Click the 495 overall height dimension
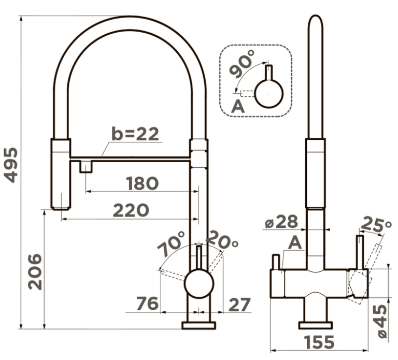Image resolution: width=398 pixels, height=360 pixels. coord(11,165)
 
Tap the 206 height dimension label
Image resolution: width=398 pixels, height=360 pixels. coord(35,272)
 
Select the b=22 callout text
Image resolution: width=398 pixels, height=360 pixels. coord(135,134)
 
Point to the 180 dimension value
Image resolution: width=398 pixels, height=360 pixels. coord(143,183)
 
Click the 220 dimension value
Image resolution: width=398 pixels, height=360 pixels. coord(131,210)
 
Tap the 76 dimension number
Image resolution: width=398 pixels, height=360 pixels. coord(148,304)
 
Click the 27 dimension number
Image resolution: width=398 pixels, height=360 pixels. coord(239,305)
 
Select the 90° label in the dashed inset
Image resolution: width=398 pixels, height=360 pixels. coord(241,63)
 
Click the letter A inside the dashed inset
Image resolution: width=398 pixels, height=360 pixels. coord(238,107)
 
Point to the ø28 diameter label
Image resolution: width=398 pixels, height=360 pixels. coord(281,222)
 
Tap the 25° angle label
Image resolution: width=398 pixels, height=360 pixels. coord(376,225)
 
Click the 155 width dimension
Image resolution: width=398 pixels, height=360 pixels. coord(319,342)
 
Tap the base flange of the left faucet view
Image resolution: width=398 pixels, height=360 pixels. coord(199,325)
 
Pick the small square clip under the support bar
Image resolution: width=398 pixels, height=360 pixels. coord(86,167)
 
